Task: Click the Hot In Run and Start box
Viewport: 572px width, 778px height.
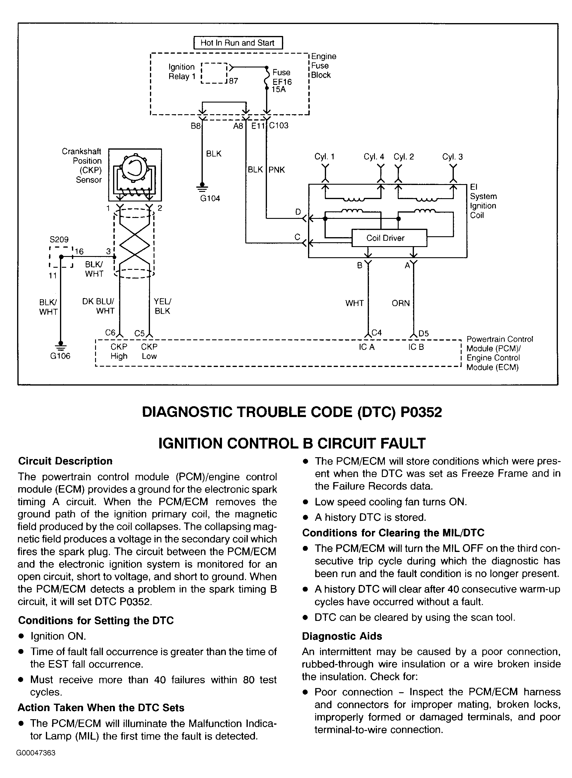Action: (x=238, y=43)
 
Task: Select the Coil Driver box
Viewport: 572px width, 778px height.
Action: (x=389, y=238)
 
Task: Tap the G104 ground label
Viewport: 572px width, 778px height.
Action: (x=210, y=198)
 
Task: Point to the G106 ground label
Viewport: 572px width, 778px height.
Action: (x=60, y=356)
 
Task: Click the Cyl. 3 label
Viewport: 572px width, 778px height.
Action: (x=452, y=157)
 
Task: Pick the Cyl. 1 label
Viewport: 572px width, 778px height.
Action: (x=325, y=157)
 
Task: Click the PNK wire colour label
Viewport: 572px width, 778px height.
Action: (x=277, y=170)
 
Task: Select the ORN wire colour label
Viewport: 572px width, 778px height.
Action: (x=401, y=303)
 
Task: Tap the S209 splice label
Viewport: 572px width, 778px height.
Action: (x=59, y=240)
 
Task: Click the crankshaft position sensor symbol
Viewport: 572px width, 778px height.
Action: (x=135, y=175)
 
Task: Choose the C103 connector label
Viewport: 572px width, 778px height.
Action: (x=279, y=126)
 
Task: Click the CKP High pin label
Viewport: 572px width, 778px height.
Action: (x=119, y=351)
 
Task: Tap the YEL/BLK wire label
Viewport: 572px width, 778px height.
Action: (x=162, y=306)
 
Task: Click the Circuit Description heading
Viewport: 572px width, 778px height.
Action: (x=65, y=461)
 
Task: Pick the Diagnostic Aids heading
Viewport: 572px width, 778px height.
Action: (x=342, y=636)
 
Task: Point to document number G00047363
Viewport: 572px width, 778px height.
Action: (x=36, y=753)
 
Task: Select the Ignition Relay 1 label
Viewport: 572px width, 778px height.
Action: (x=182, y=72)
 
